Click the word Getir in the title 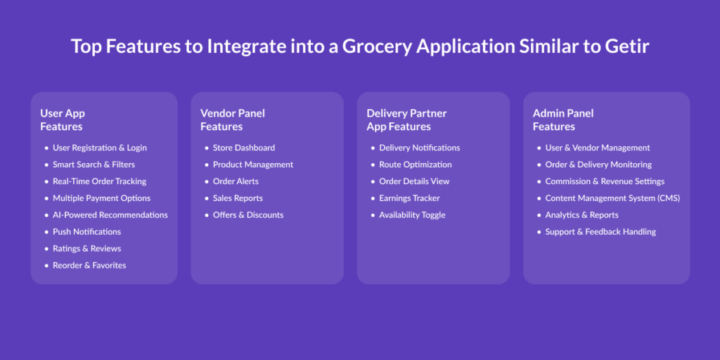(x=626, y=47)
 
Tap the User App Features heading (x=63, y=120)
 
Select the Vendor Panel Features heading (x=232, y=120)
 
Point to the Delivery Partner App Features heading (x=406, y=120)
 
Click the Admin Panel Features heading (x=563, y=120)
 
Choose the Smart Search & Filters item (x=94, y=165)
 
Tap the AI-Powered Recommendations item (x=110, y=215)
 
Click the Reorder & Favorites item (x=89, y=265)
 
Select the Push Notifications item (x=86, y=232)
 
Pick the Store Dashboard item (x=244, y=148)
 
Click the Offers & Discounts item (x=248, y=215)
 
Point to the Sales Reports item (x=238, y=198)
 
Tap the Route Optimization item (x=416, y=165)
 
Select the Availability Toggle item (x=412, y=215)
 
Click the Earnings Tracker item (x=410, y=198)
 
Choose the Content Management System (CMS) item (x=612, y=198)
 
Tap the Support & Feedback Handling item (x=600, y=232)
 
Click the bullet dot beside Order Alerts (x=207, y=182)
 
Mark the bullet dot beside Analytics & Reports (x=539, y=215)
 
